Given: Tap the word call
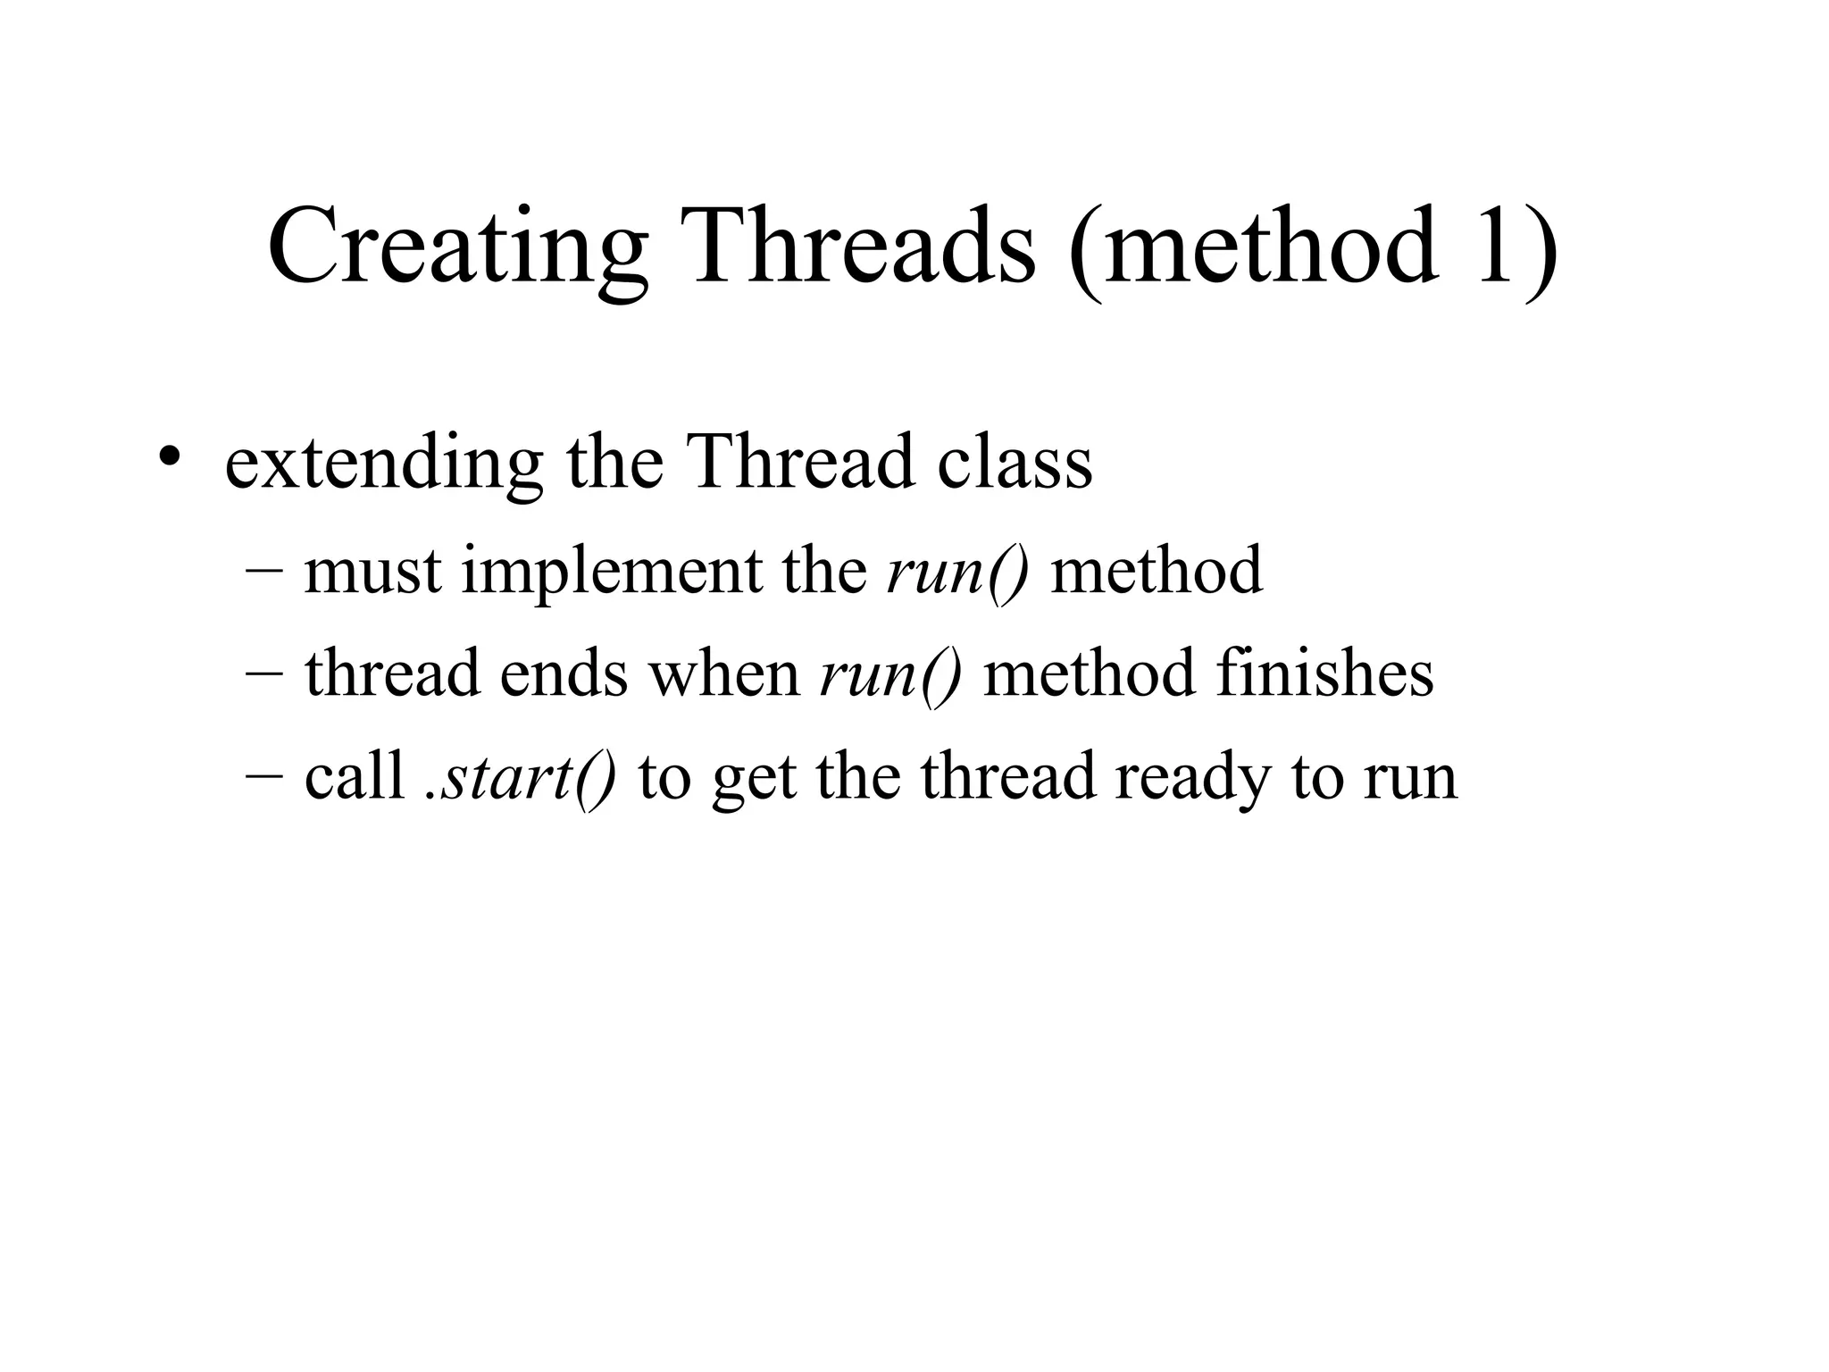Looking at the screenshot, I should coord(355,775).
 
